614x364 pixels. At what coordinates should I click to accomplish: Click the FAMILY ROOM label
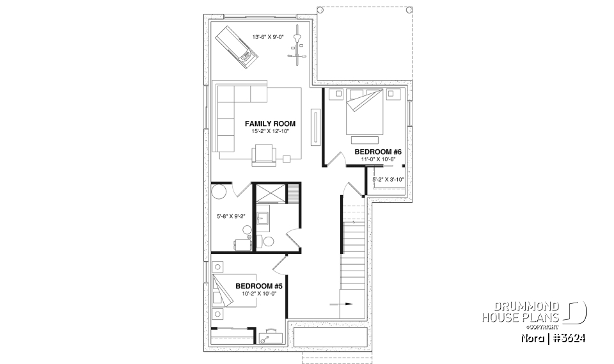click(x=270, y=123)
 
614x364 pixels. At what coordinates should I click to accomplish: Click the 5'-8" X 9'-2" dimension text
click(x=231, y=217)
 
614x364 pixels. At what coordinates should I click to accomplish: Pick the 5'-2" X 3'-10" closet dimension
click(x=388, y=180)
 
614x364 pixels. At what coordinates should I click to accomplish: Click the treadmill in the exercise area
click(x=236, y=45)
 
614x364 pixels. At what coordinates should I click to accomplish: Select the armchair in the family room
click(x=264, y=154)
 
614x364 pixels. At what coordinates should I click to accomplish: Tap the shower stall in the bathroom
click(x=269, y=193)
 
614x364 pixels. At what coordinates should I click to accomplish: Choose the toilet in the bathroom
click(x=269, y=241)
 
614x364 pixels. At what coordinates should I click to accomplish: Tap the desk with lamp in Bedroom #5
click(x=271, y=335)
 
